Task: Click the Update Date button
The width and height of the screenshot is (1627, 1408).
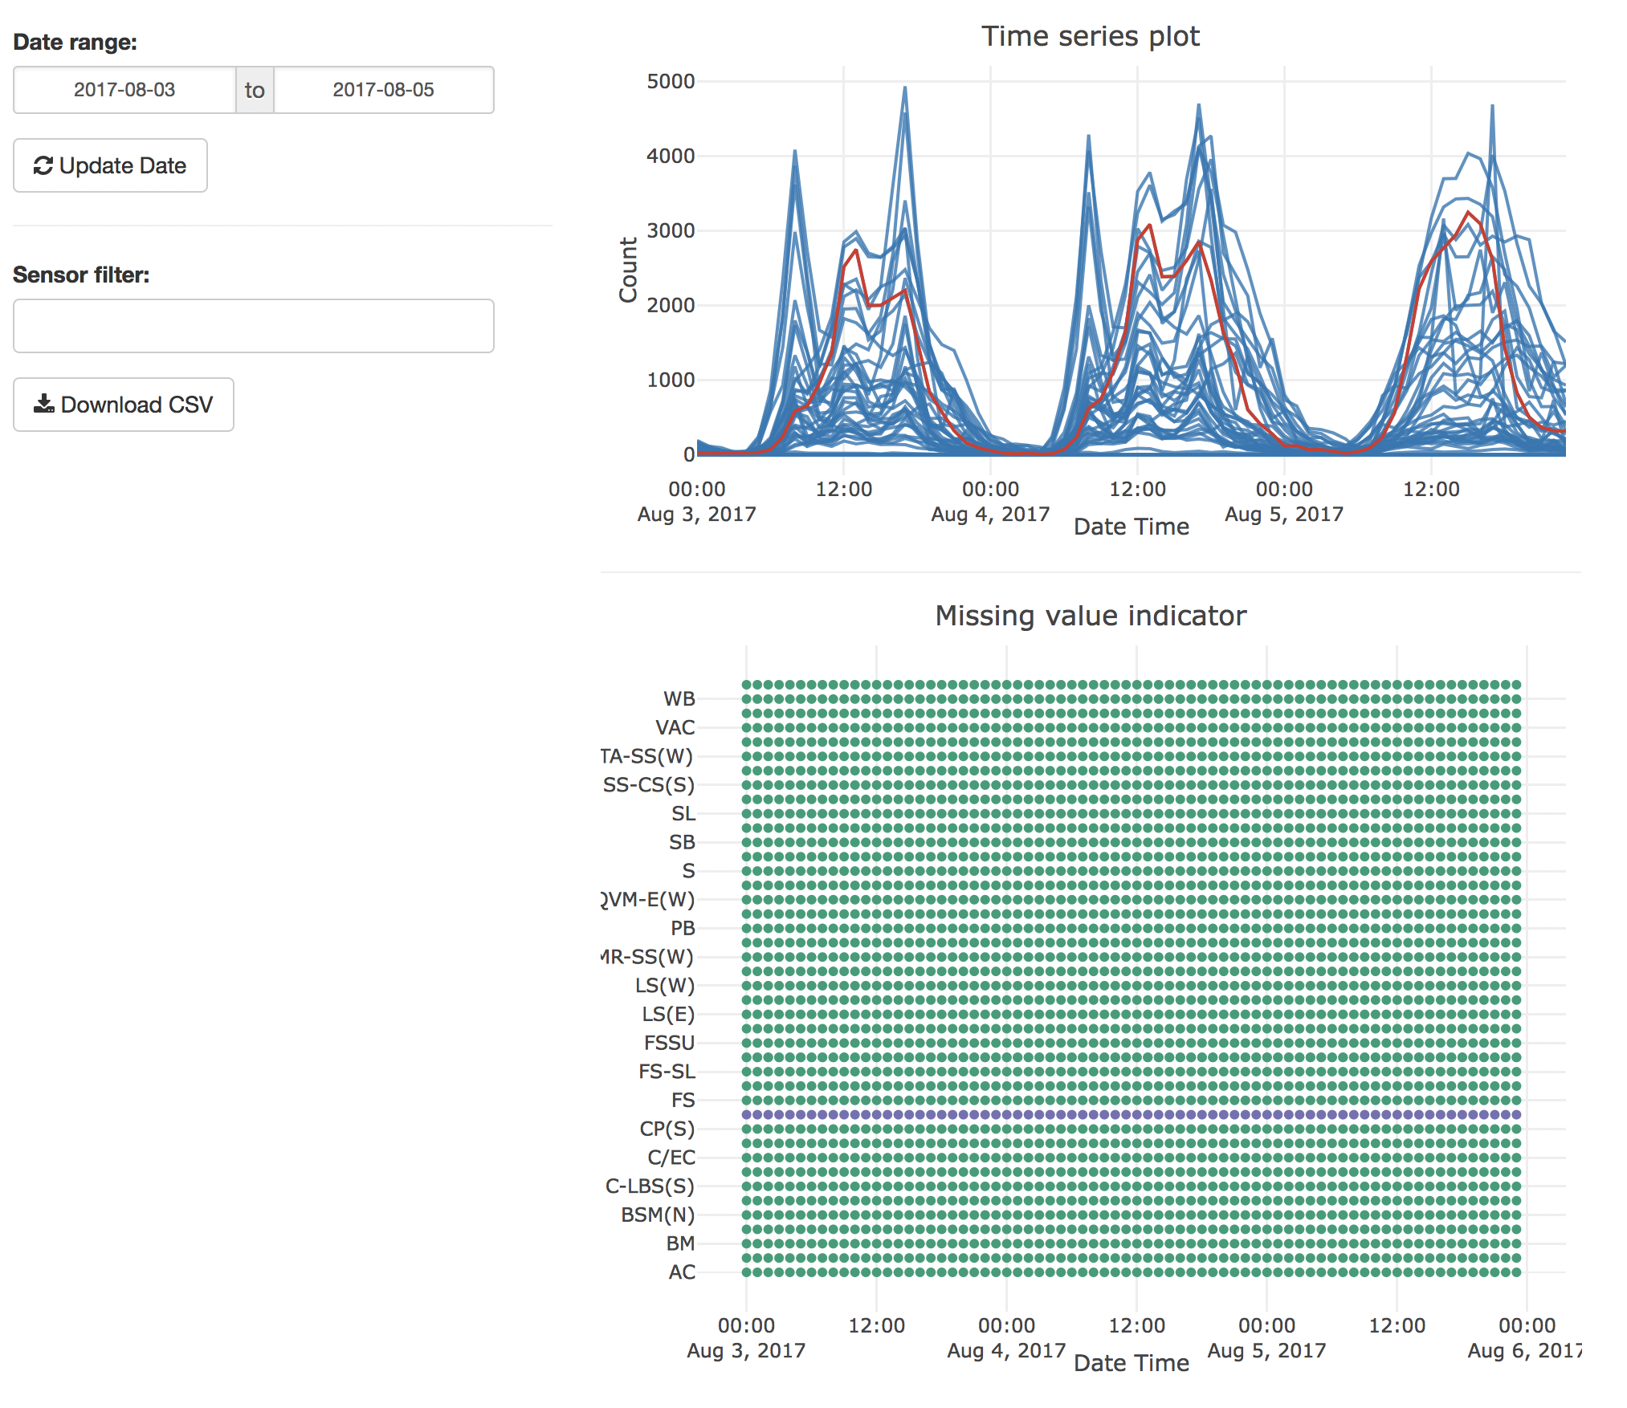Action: coord(110,165)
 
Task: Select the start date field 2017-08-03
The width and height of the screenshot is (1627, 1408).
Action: coord(124,90)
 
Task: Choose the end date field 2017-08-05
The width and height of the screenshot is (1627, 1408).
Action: coord(383,90)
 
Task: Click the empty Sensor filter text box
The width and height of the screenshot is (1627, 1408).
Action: coord(253,326)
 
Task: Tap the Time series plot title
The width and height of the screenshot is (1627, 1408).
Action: coord(1090,37)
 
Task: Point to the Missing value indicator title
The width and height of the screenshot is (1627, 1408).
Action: coord(1090,616)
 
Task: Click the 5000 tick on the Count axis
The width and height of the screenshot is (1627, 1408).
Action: coord(671,81)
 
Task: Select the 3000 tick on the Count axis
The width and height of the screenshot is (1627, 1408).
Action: coord(671,230)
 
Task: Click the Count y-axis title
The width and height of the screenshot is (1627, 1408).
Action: coord(628,270)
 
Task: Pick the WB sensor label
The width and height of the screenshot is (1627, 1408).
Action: coord(679,699)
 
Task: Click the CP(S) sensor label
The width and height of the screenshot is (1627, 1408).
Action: coord(667,1129)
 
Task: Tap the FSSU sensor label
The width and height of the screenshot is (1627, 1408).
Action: coord(669,1043)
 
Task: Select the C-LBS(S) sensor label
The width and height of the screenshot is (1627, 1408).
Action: coord(650,1186)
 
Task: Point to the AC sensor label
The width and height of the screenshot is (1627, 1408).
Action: coord(682,1272)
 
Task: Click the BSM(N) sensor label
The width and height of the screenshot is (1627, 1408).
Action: coord(658,1215)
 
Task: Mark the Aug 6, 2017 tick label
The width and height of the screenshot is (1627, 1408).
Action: coord(1524,1351)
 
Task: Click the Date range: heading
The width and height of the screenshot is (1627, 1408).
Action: coord(75,42)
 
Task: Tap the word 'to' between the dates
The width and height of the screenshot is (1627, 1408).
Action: coord(255,90)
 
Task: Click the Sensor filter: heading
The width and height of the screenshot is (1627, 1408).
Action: coord(81,275)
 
